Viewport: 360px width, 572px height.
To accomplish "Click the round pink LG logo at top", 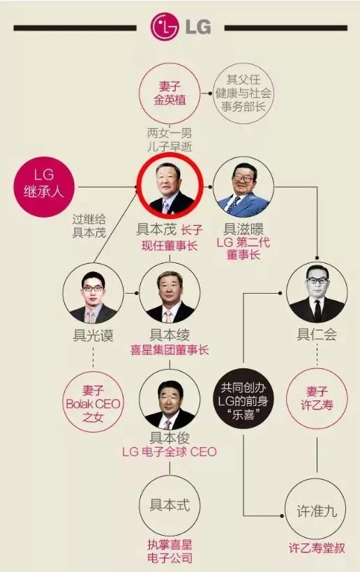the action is (165, 27).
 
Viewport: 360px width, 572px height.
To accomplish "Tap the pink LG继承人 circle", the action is (44, 187).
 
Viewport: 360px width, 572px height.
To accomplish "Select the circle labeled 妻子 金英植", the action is (170, 93).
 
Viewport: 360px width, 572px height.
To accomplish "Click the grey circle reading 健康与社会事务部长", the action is (243, 93).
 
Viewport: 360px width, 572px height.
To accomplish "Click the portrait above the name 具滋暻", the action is (243, 187).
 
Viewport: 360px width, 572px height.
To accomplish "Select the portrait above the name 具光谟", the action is (93, 293).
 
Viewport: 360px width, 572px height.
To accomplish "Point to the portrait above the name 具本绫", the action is (170, 293).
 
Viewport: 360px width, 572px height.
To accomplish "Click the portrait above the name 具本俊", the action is (170, 401).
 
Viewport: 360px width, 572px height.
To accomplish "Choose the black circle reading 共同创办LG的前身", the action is (243, 401).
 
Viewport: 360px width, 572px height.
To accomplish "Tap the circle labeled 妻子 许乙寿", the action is (317, 399).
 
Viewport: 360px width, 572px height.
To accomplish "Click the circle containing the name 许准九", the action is (316, 509).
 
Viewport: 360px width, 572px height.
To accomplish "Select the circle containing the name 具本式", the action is (170, 506).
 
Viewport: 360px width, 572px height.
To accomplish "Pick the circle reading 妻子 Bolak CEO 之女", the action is (93, 402).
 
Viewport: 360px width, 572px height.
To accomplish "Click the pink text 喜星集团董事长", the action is (170, 350).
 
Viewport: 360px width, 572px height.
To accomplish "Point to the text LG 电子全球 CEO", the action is (170, 452).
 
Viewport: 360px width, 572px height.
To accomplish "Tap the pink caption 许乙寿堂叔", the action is (317, 548).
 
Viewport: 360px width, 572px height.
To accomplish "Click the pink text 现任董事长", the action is (170, 246).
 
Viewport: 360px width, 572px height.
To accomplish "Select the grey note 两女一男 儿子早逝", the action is (170, 140).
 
